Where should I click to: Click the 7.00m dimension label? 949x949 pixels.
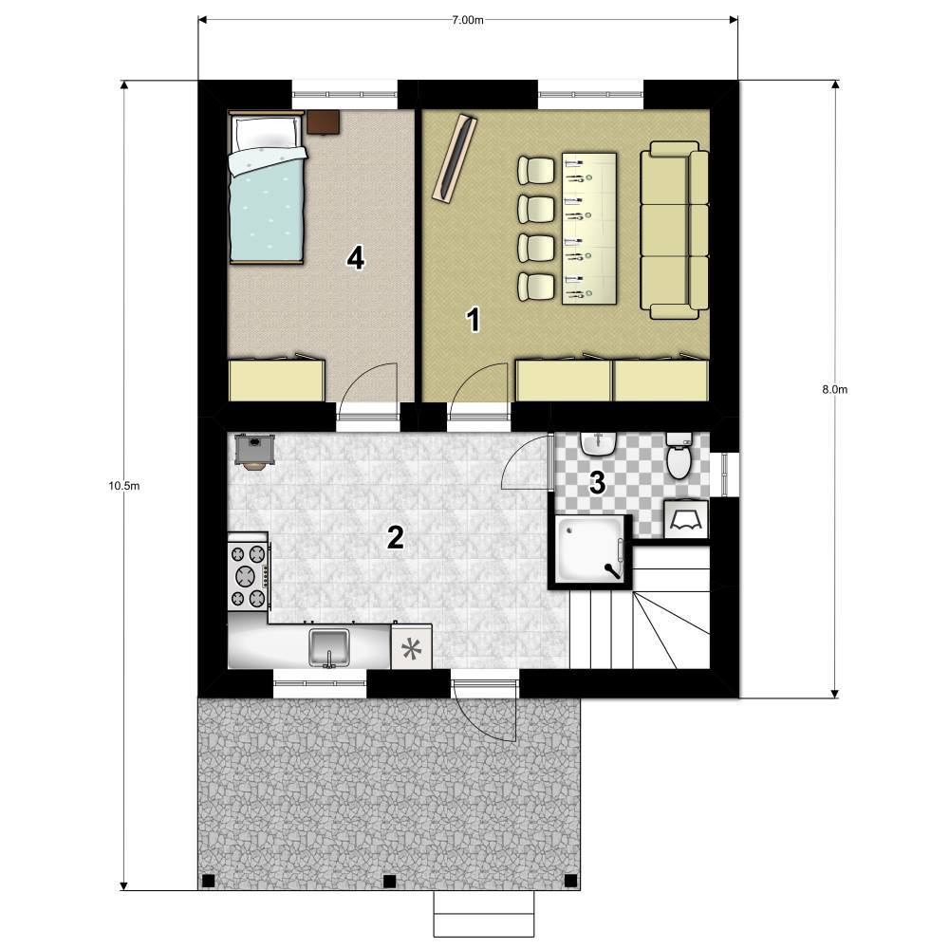click(x=468, y=20)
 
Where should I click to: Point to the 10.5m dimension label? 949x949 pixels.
click(x=124, y=485)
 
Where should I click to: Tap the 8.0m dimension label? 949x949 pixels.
click(x=834, y=390)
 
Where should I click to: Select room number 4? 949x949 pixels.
click(x=355, y=259)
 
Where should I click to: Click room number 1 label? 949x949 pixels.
click(x=474, y=320)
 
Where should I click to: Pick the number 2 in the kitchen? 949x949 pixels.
click(x=395, y=537)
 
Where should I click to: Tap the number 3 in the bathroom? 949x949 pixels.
click(x=597, y=483)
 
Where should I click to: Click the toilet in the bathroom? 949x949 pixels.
click(x=679, y=456)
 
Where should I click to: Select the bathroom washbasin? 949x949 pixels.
click(x=598, y=443)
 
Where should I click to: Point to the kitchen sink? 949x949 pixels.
click(x=328, y=647)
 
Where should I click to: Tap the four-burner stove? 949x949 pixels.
click(x=249, y=576)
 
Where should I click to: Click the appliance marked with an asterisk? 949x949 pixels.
click(x=412, y=647)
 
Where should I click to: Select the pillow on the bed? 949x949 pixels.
click(x=267, y=131)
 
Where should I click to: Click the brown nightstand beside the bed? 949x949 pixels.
click(x=323, y=121)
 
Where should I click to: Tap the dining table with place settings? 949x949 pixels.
click(x=589, y=229)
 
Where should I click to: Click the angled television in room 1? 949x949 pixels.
click(x=456, y=158)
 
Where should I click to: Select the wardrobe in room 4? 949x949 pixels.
click(x=276, y=380)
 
